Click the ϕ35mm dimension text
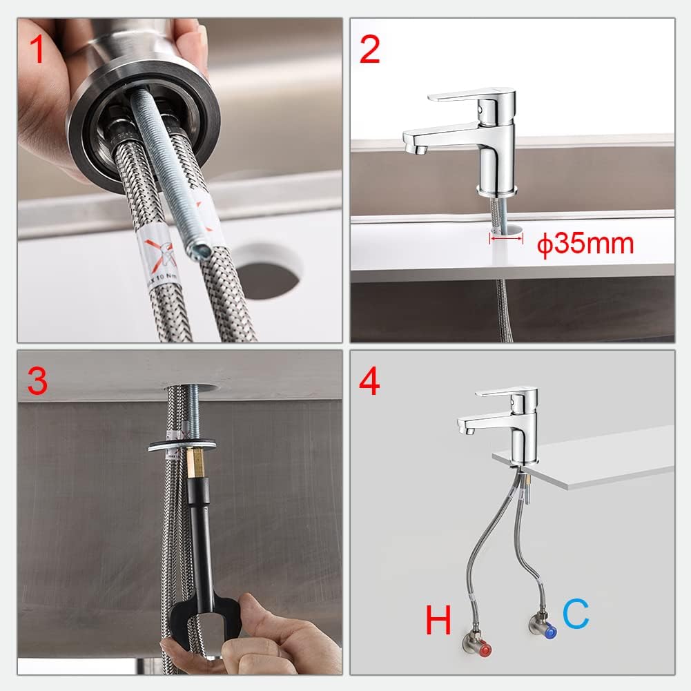coord(585,244)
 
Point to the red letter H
coord(438,621)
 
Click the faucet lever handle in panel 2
coord(469,96)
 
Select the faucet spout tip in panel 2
coord(412,146)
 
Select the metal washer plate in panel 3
coord(181,444)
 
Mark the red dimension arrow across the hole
coord(506,238)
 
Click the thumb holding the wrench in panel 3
coord(259,613)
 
